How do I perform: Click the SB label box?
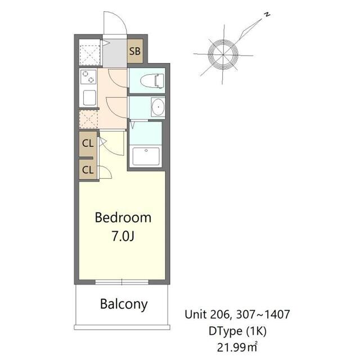135,52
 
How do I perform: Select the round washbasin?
157,106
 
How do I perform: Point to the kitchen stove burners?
88,77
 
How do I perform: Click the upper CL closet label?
87,143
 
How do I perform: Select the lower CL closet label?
87,169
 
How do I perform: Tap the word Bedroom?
123,218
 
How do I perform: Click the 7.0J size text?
123,236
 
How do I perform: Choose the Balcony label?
124,305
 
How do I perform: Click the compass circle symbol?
223,55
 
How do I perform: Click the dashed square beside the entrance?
89,52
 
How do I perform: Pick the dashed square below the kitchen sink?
88,119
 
